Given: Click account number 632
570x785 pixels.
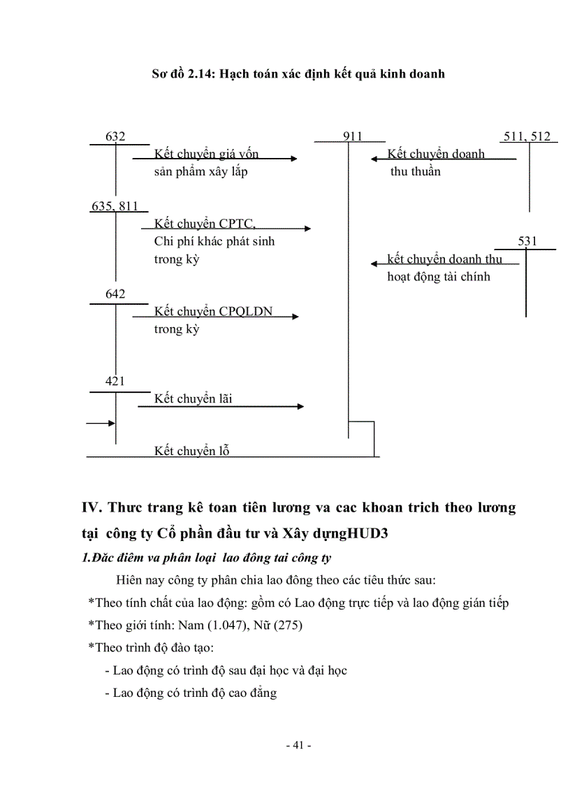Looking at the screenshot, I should point(115,136).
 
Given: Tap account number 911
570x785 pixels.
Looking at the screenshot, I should point(352,136).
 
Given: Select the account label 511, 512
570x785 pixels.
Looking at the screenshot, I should point(527,136).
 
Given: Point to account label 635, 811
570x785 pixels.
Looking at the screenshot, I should point(115,206).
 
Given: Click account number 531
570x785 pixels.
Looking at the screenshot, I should point(528,241).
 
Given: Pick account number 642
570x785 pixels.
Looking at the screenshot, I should point(115,294).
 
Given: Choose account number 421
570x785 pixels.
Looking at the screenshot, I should point(115,381).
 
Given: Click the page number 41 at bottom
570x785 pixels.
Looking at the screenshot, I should point(298,746).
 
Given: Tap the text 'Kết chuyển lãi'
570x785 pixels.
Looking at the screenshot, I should point(193,398).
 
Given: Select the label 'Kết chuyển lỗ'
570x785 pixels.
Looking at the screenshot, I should point(191,451).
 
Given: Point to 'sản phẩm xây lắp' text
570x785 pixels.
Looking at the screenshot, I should point(200,172).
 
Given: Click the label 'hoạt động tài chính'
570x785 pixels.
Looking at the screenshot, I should point(439,277).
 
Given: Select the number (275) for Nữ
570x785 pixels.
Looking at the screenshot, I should point(288,626).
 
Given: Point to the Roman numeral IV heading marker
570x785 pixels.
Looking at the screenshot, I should point(92,507).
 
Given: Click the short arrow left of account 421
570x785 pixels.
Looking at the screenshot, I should point(100,423).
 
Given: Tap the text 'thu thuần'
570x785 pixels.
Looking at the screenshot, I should point(416,172).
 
